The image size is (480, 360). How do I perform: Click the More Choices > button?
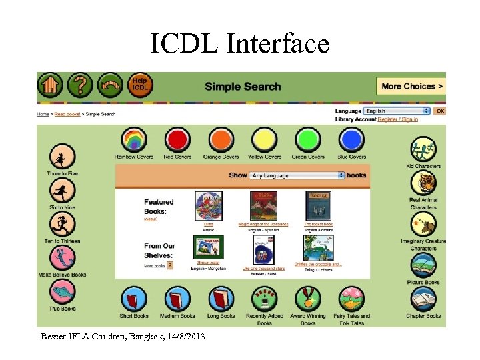click(x=412, y=86)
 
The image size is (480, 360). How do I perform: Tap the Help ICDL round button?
click(x=140, y=85)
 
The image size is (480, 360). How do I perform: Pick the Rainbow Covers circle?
click(x=134, y=140)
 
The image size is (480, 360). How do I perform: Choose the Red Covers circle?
click(x=177, y=140)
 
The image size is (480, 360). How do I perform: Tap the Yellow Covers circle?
click(x=264, y=140)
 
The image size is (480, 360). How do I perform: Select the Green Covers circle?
click(x=307, y=140)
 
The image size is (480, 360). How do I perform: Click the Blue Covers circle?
click(x=351, y=140)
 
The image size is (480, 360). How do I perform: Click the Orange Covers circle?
click(x=221, y=140)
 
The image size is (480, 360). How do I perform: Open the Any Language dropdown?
click(x=297, y=175)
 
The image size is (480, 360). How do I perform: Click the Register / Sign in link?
click(x=397, y=119)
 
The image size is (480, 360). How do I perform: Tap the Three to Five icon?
click(x=62, y=157)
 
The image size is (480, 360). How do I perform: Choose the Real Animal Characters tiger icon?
click(x=423, y=184)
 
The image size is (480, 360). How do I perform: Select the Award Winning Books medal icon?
click(x=307, y=299)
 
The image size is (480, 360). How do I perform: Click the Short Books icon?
click(x=134, y=299)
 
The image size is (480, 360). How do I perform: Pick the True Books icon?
click(x=62, y=292)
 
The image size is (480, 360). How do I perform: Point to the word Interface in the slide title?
click(x=277, y=44)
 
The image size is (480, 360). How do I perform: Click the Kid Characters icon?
click(x=423, y=149)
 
